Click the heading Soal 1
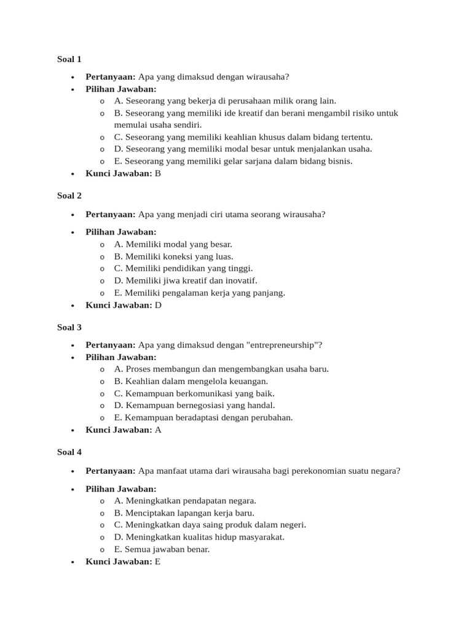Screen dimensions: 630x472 69,60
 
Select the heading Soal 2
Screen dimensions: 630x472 69,196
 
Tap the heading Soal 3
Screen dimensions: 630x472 69,327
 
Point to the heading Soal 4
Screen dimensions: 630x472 69,452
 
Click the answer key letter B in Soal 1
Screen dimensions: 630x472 157,173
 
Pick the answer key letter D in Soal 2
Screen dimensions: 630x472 158,305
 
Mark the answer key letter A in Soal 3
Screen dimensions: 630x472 158,430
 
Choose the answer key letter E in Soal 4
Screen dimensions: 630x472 157,562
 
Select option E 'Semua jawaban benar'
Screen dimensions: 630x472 162,549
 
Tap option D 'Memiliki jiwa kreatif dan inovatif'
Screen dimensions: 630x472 186,281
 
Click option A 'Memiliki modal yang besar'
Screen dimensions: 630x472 173,244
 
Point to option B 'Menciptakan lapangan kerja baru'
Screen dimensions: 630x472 184,512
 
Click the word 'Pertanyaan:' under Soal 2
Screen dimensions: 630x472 111,214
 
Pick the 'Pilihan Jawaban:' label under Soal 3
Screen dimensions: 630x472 121,357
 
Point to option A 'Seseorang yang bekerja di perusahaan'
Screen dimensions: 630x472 225,101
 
